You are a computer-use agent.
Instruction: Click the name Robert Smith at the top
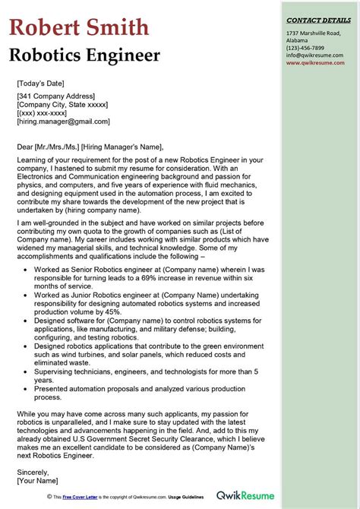point(79,28)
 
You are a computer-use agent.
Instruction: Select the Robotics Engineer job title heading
point(84,55)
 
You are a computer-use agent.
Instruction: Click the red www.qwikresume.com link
point(315,63)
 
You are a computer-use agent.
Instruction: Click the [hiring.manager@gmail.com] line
point(63,121)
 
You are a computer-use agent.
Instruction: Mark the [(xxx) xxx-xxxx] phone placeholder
point(46,112)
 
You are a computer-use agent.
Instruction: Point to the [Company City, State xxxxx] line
point(65,104)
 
